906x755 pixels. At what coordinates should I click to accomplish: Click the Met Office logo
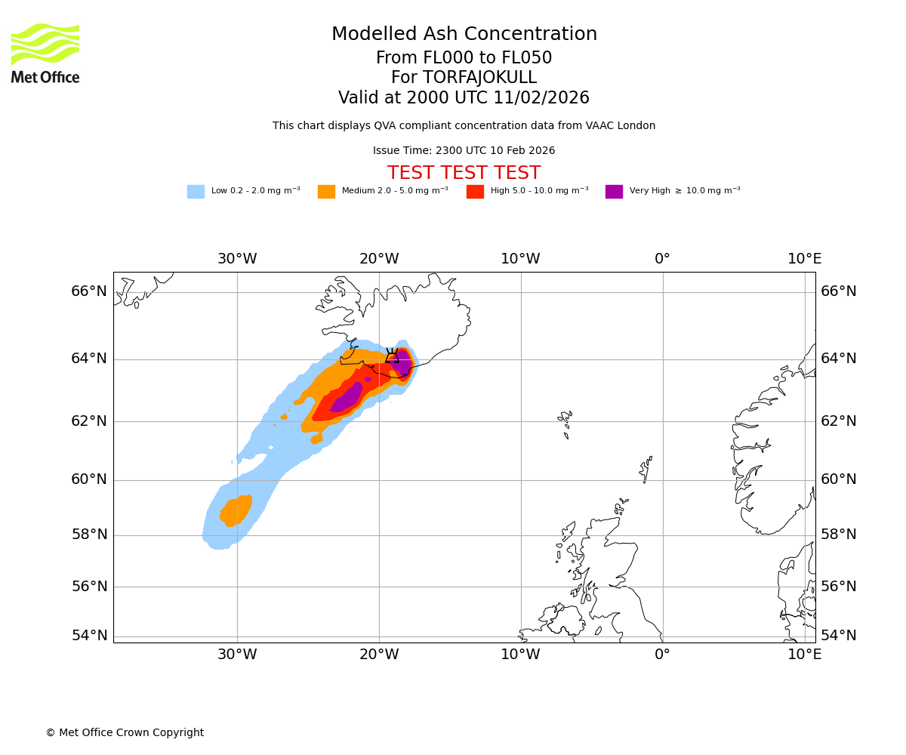pos(45,53)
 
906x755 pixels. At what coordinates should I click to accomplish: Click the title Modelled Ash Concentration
pos(464,35)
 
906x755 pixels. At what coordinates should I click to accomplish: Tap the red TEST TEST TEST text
pos(464,173)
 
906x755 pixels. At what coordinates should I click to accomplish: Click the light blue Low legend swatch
pos(196,192)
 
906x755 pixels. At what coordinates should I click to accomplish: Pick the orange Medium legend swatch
pos(326,192)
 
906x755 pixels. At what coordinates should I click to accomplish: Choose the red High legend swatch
pos(475,192)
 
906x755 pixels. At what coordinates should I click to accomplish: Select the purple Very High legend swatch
pos(614,192)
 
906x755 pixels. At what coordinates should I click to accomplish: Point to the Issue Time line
pos(464,151)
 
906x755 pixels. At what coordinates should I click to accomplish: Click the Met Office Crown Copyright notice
pos(125,733)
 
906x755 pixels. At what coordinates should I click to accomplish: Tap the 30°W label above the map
pos(237,259)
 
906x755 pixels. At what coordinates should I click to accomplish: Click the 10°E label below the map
pos(804,655)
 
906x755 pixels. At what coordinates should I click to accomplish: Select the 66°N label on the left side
pos(89,291)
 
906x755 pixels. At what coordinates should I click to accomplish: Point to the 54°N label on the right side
pos(839,636)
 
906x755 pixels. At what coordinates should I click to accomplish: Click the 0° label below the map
pos(662,655)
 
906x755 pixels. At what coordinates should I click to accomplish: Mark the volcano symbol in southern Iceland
pos(392,356)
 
